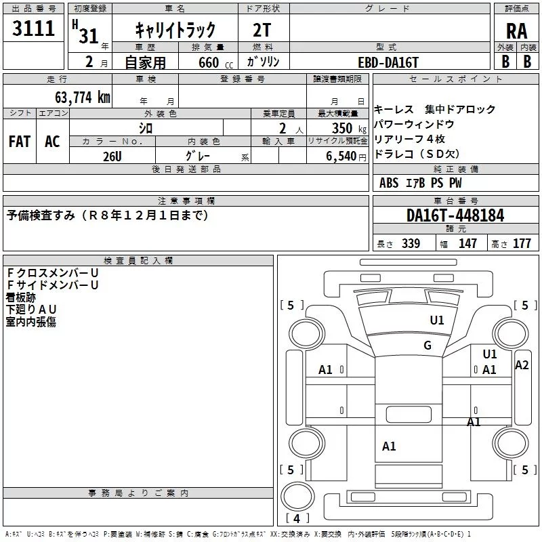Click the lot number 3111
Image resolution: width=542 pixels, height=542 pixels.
point(33,28)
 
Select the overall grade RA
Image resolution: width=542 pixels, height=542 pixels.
point(516,31)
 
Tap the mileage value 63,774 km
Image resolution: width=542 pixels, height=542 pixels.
point(83,97)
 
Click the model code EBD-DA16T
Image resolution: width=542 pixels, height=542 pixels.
point(388,62)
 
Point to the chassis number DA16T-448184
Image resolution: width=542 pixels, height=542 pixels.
point(455,215)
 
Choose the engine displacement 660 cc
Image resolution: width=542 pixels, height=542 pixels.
point(215,62)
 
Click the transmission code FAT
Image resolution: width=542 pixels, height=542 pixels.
point(20,142)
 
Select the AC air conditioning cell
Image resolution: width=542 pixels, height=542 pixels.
point(52,142)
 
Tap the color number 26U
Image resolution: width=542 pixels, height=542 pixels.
point(112,157)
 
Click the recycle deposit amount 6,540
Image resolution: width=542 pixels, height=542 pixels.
point(341,156)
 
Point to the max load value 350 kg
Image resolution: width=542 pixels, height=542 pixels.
point(349,128)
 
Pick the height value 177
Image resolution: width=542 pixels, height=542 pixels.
point(522,244)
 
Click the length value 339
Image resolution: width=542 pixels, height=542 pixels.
point(411,244)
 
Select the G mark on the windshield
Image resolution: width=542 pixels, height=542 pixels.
point(428,345)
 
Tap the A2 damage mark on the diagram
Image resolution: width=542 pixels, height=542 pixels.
point(522,365)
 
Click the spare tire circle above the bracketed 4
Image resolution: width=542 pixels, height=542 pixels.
point(297,496)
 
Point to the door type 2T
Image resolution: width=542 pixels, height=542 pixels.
point(262,30)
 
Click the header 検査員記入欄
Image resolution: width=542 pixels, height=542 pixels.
point(138,260)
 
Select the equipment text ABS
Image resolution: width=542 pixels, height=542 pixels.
point(389,182)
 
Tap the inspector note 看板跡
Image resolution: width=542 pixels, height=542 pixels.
point(21,297)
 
